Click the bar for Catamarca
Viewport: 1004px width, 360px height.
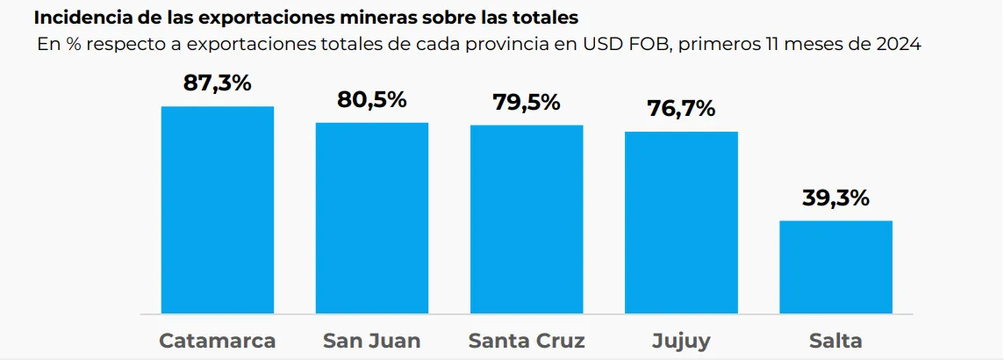tap(218, 210)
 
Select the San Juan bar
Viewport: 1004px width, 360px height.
tap(372, 218)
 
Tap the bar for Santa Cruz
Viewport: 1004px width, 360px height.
tap(527, 220)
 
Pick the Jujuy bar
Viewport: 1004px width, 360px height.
tap(681, 223)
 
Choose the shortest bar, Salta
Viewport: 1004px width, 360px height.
tap(835, 267)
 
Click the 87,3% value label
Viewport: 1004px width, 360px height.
tap(218, 83)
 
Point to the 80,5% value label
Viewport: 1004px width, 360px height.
tap(372, 99)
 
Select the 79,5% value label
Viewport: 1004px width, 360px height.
tap(527, 102)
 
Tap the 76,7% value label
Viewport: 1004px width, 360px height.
tap(681, 109)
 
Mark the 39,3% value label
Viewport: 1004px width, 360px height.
tap(835, 198)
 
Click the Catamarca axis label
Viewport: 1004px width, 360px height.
tap(218, 341)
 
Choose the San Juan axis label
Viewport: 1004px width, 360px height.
tap(372, 341)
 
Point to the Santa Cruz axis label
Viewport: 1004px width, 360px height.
tap(527, 341)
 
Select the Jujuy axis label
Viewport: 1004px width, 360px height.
tap(681, 341)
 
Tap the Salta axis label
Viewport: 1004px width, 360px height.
tap(835, 341)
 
